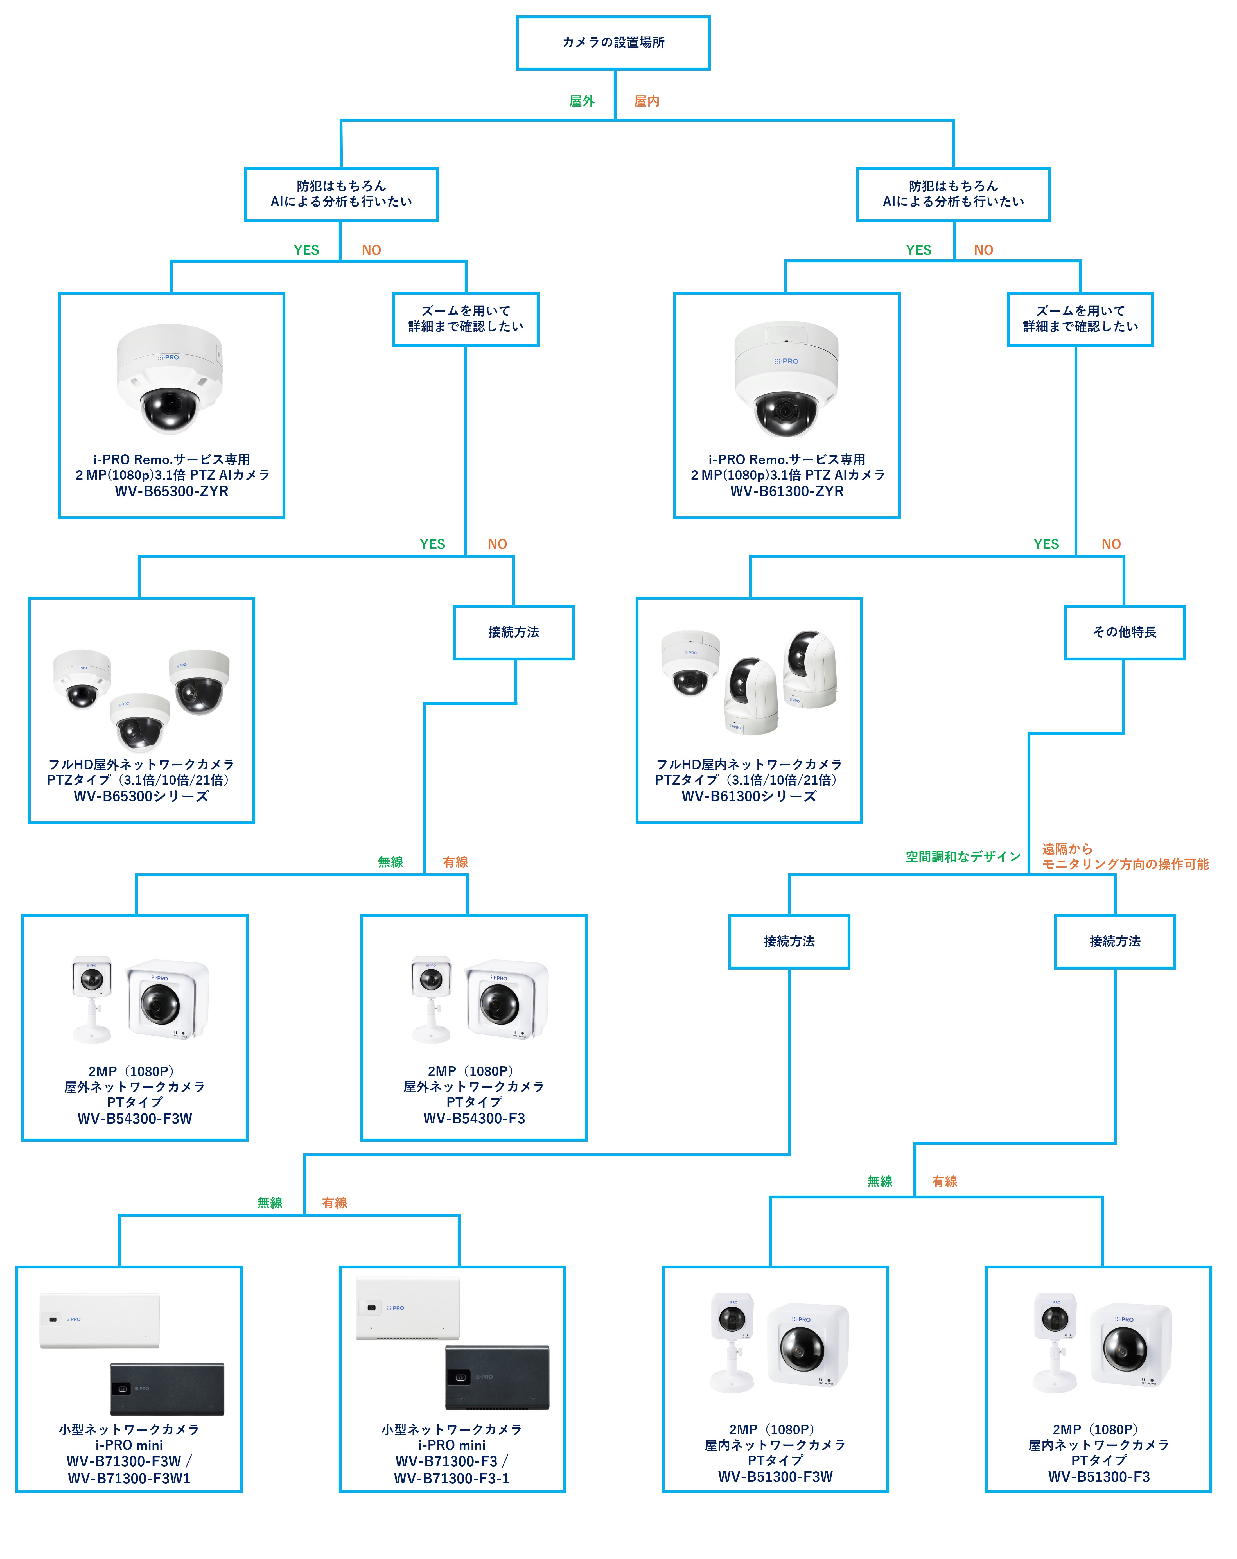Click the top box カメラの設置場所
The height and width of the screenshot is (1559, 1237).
pyautogui.click(x=613, y=43)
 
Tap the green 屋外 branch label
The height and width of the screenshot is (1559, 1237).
pyautogui.click(x=582, y=101)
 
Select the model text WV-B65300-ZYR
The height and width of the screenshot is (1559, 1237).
pyautogui.click(x=171, y=491)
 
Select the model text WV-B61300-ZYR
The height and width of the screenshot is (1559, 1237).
pyautogui.click(x=786, y=491)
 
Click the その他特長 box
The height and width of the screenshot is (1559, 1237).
pyautogui.click(x=1124, y=632)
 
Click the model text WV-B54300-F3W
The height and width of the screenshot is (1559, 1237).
pyautogui.click(x=135, y=1118)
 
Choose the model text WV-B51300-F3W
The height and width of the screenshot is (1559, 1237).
pyautogui.click(x=775, y=1477)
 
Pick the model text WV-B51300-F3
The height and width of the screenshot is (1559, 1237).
pyautogui.click(x=1098, y=1477)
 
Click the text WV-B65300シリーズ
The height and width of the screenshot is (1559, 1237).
pyautogui.click(x=141, y=796)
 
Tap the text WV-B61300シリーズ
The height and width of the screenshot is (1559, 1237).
pyautogui.click(x=749, y=796)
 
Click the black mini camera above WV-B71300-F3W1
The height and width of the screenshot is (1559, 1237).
pyautogui.click(x=167, y=1388)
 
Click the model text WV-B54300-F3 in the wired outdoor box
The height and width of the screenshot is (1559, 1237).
pyautogui.click(x=474, y=1118)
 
